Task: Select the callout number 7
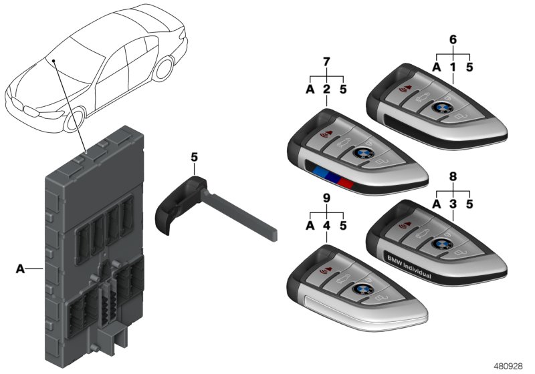tap(326, 61)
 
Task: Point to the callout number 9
tap(326, 198)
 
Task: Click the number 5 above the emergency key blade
tap(194, 158)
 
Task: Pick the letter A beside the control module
tap(20, 269)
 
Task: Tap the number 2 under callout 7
tap(326, 89)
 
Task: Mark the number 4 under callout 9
tap(326, 226)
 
